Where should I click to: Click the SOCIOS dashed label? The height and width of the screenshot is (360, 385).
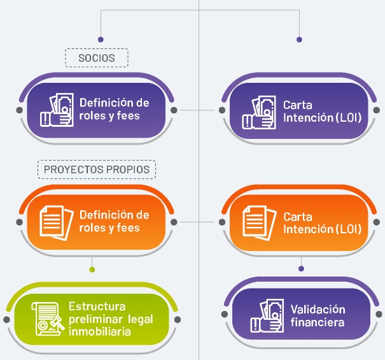(97, 58)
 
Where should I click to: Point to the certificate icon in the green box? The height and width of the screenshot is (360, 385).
(47, 317)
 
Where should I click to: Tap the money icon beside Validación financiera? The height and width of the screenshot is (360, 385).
(266, 316)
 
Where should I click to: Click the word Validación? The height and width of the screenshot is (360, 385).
(318, 310)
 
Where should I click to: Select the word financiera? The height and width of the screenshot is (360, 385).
(318, 322)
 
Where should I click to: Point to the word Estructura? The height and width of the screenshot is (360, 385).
(97, 306)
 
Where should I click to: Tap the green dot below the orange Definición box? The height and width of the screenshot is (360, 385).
(92, 268)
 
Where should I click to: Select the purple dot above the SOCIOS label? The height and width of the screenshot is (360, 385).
(99, 39)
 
